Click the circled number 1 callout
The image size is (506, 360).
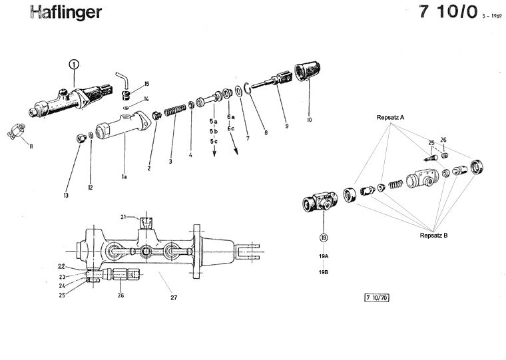tap(73, 65)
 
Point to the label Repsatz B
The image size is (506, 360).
tap(434, 235)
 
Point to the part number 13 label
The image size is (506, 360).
tap(66, 195)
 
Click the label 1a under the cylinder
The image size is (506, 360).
tap(124, 178)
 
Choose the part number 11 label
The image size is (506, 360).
tap(31, 146)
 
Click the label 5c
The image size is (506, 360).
tap(214, 141)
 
